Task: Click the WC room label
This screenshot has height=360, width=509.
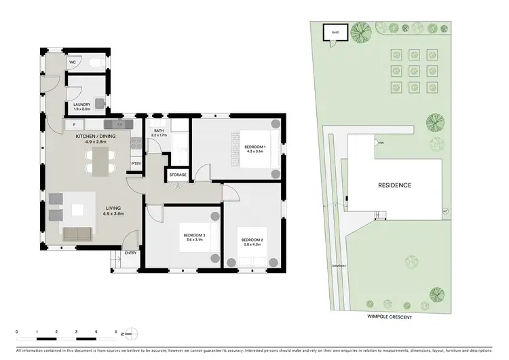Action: pyautogui.click(x=72, y=62)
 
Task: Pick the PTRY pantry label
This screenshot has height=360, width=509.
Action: pyautogui.click(x=136, y=164)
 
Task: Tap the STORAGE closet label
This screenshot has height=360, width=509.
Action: pyautogui.click(x=178, y=175)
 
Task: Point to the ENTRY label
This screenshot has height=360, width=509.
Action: pyautogui.click(x=130, y=253)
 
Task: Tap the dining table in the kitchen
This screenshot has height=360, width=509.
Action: pyautogui.click(x=99, y=162)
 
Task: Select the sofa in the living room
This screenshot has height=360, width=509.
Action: pyautogui.click(x=79, y=234)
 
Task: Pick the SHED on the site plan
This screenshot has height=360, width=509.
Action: pyautogui.click(x=335, y=33)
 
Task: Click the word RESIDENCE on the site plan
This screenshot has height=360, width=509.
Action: pyautogui.click(x=394, y=185)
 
